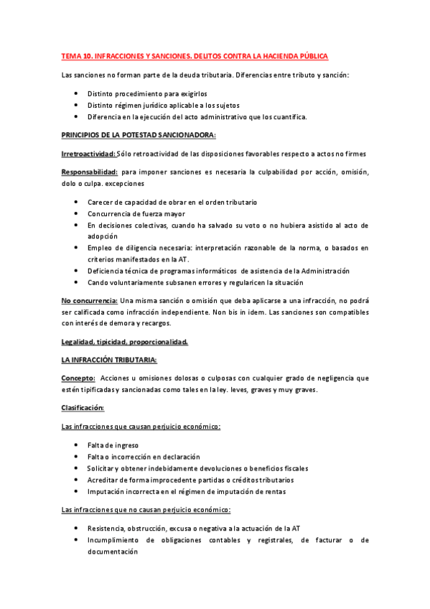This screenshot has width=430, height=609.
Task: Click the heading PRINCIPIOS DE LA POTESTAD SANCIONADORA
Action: (x=139, y=135)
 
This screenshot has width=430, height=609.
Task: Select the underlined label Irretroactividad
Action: (x=89, y=154)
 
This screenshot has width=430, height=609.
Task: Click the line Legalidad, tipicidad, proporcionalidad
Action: (x=125, y=342)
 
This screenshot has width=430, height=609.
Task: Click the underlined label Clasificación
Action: (x=83, y=408)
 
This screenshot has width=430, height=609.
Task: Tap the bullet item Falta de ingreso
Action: (x=113, y=445)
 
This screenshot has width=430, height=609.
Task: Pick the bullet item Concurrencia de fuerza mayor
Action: (x=136, y=213)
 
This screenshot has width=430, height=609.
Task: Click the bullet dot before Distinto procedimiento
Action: (x=78, y=93)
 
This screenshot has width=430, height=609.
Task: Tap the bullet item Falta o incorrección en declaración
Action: (x=144, y=457)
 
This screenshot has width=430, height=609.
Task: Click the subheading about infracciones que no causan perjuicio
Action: (x=146, y=510)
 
